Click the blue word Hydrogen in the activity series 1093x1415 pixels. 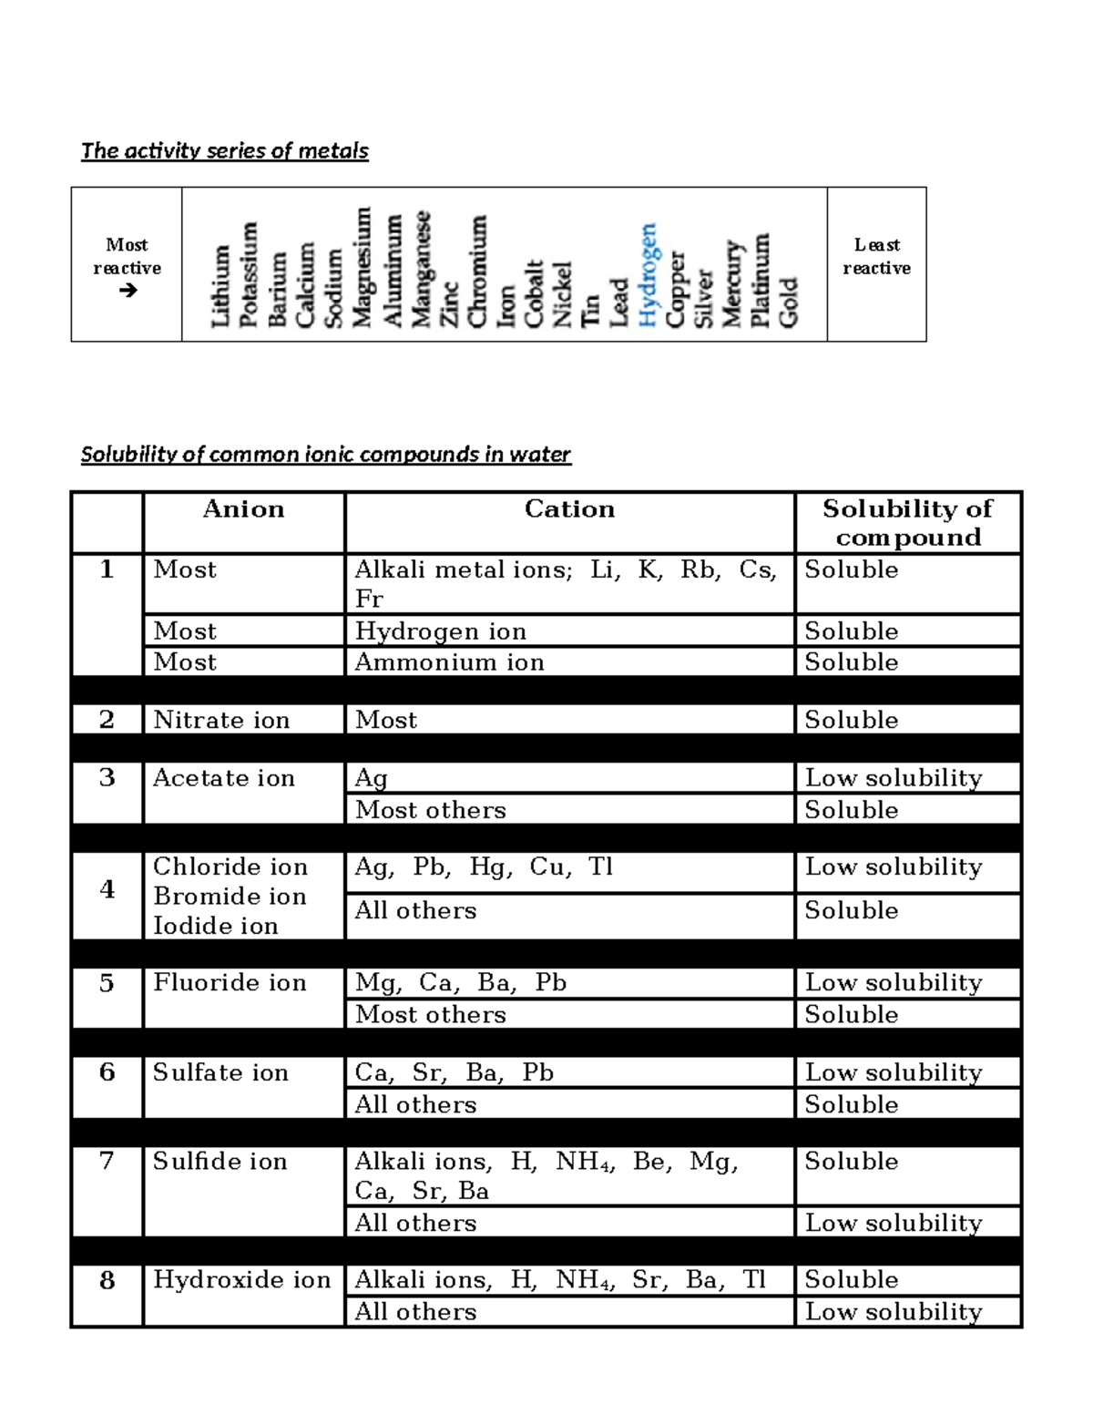coord(648,274)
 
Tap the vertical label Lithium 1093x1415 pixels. coord(220,286)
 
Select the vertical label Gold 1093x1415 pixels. coord(789,302)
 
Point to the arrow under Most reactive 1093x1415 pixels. coord(128,291)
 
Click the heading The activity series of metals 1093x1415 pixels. coord(225,151)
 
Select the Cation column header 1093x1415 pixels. coord(569,509)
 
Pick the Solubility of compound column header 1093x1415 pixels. coord(907,523)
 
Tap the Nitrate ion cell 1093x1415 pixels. coord(221,720)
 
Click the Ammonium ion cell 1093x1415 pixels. coord(449,662)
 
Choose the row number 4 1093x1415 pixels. coord(107,889)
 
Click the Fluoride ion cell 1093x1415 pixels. coord(230,982)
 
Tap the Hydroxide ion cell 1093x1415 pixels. coord(241,1280)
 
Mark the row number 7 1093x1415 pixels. coord(107,1161)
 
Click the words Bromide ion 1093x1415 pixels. coord(230,897)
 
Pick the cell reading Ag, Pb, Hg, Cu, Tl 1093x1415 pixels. coord(483,866)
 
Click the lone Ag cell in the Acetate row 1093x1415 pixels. coord(372,778)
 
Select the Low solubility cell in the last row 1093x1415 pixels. coord(894,1312)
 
